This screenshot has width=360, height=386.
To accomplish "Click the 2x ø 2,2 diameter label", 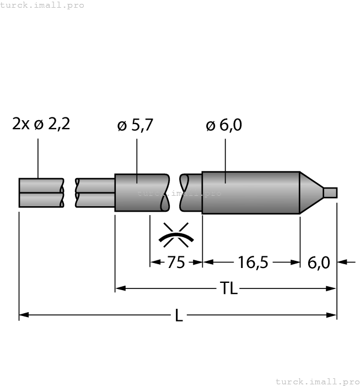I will click(41, 124).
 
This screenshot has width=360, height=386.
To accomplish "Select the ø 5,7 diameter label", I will click(135, 126).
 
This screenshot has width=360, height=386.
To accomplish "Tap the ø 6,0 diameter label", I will click(224, 126).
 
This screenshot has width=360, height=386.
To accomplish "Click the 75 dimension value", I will click(176, 262).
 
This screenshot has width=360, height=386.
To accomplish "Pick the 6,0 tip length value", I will click(318, 262).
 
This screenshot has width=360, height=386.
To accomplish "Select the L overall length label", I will click(178, 315).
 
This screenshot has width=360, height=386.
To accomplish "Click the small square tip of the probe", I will click(330, 192).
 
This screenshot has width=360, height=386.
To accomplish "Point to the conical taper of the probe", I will click(310, 192).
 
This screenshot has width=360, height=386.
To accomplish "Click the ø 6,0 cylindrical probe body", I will click(251, 192).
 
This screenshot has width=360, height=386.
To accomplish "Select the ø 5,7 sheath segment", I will click(141, 192).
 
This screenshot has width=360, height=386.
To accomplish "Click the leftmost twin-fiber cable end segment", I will click(41, 192).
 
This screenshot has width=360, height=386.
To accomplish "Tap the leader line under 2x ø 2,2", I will click(38, 157).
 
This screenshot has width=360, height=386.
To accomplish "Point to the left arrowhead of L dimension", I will click(23, 315).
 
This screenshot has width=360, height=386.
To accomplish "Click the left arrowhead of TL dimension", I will click(119, 288).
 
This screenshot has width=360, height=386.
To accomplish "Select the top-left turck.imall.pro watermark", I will click(42, 5).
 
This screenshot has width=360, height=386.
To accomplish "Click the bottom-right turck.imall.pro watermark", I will click(317, 381).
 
